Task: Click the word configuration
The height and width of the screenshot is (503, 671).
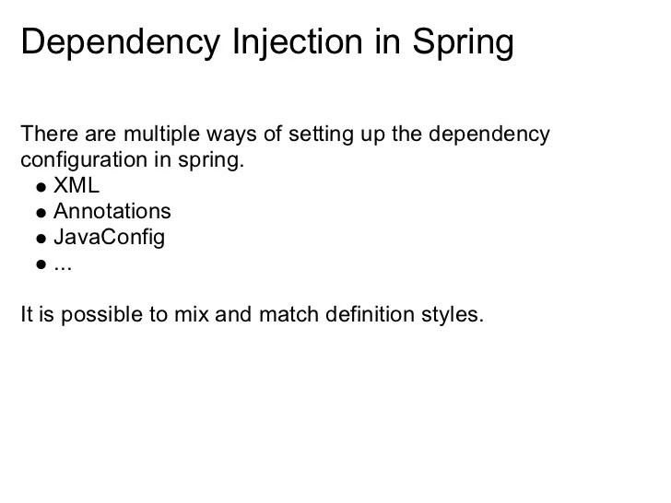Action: click(80, 160)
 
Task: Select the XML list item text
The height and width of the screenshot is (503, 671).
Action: click(77, 186)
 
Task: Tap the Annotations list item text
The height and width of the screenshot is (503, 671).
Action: click(112, 211)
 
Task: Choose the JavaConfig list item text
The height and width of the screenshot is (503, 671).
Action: click(109, 237)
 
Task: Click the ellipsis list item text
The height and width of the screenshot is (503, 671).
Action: click(62, 264)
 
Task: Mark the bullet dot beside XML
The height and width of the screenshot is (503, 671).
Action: click(41, 187)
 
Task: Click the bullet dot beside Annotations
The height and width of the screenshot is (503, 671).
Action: click(41, 213)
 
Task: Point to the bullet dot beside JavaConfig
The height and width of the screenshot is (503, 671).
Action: click(41, 239)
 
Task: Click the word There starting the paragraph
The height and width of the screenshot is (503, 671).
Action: click(45, 135)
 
